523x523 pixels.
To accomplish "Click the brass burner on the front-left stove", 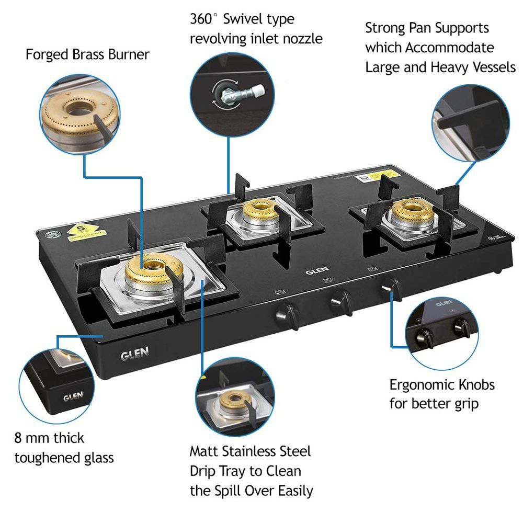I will tap(150, 270).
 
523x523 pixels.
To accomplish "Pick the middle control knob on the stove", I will tap(340, 300).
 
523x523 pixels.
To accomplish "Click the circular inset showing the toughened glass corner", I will tap(58, 385).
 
